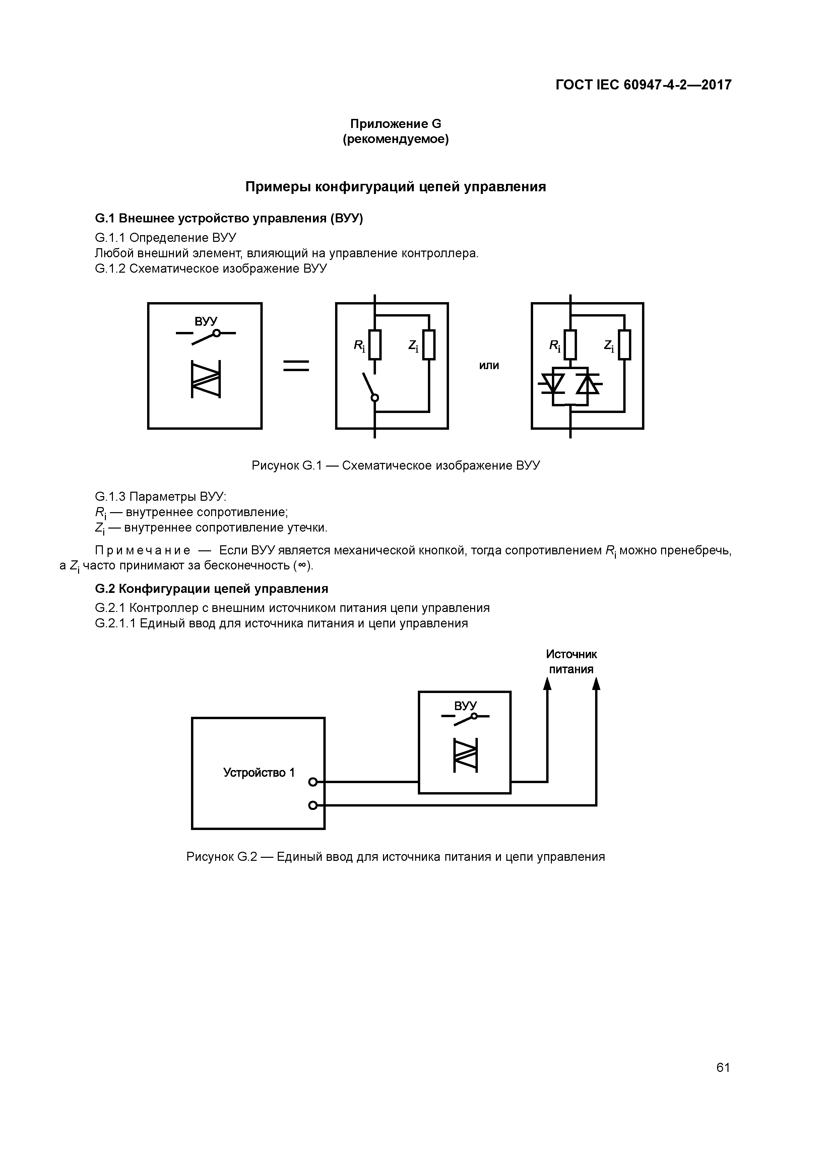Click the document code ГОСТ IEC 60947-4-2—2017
click(x=643, y=84)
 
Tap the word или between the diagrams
click(x=489, y=365)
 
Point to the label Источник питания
click(x=571, y=662)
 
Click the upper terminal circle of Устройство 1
click(x=313, y=782)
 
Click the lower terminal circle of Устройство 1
click(x=313, y=806)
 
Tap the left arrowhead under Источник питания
click(x=547, y=683)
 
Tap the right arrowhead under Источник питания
click(x=596, y=683)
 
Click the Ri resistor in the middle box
click(x=375, y=345)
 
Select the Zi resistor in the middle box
click(x=429, y=345)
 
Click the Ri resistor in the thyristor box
click(x=570, y=345)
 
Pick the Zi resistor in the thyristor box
click(x=624, y=345)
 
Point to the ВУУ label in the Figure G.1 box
click(x=206, y=322)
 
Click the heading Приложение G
click(x=395, y=124)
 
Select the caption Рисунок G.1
click(x=395, y=466)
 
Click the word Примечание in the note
click(x=143, y=551)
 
